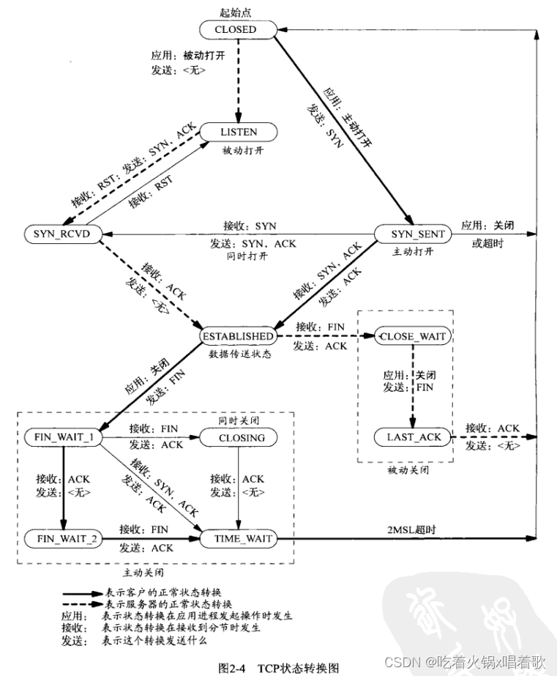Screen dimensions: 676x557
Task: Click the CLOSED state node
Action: tap(238, 30)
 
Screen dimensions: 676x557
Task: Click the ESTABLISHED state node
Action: tap(238, 336)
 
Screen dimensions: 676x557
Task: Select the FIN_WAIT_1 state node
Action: tap(61, 438)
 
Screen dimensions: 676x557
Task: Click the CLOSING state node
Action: tap(238, 438)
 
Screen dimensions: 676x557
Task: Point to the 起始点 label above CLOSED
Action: tap(235, 11)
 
